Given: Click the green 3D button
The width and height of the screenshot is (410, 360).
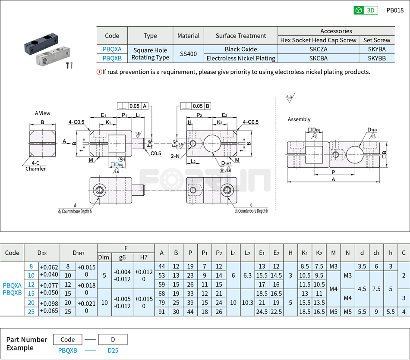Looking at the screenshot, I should (365, 10).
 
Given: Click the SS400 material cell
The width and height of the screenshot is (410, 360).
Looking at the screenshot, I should (188, 54).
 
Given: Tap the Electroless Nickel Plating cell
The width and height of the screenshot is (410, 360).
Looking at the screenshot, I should (241, 58).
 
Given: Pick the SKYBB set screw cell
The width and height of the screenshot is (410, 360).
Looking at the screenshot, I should (377, 58).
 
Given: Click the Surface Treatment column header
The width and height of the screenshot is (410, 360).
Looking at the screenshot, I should (241, 36).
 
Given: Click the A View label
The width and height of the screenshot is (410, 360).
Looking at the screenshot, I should (42, 113).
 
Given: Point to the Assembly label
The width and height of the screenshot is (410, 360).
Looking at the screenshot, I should (299, 119).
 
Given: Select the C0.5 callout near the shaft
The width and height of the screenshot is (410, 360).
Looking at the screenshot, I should (156, 153).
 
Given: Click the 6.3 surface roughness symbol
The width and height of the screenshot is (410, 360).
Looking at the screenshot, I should (289, 98).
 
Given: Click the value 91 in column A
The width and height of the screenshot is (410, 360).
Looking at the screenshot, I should (161, 312).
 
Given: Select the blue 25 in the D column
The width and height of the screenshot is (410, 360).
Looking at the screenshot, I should (31, 312).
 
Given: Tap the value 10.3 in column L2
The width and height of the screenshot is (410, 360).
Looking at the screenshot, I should (247, 303).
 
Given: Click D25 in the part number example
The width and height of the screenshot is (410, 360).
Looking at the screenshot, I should (113, 351).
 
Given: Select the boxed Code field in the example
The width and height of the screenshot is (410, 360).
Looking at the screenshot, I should (68, 339).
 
